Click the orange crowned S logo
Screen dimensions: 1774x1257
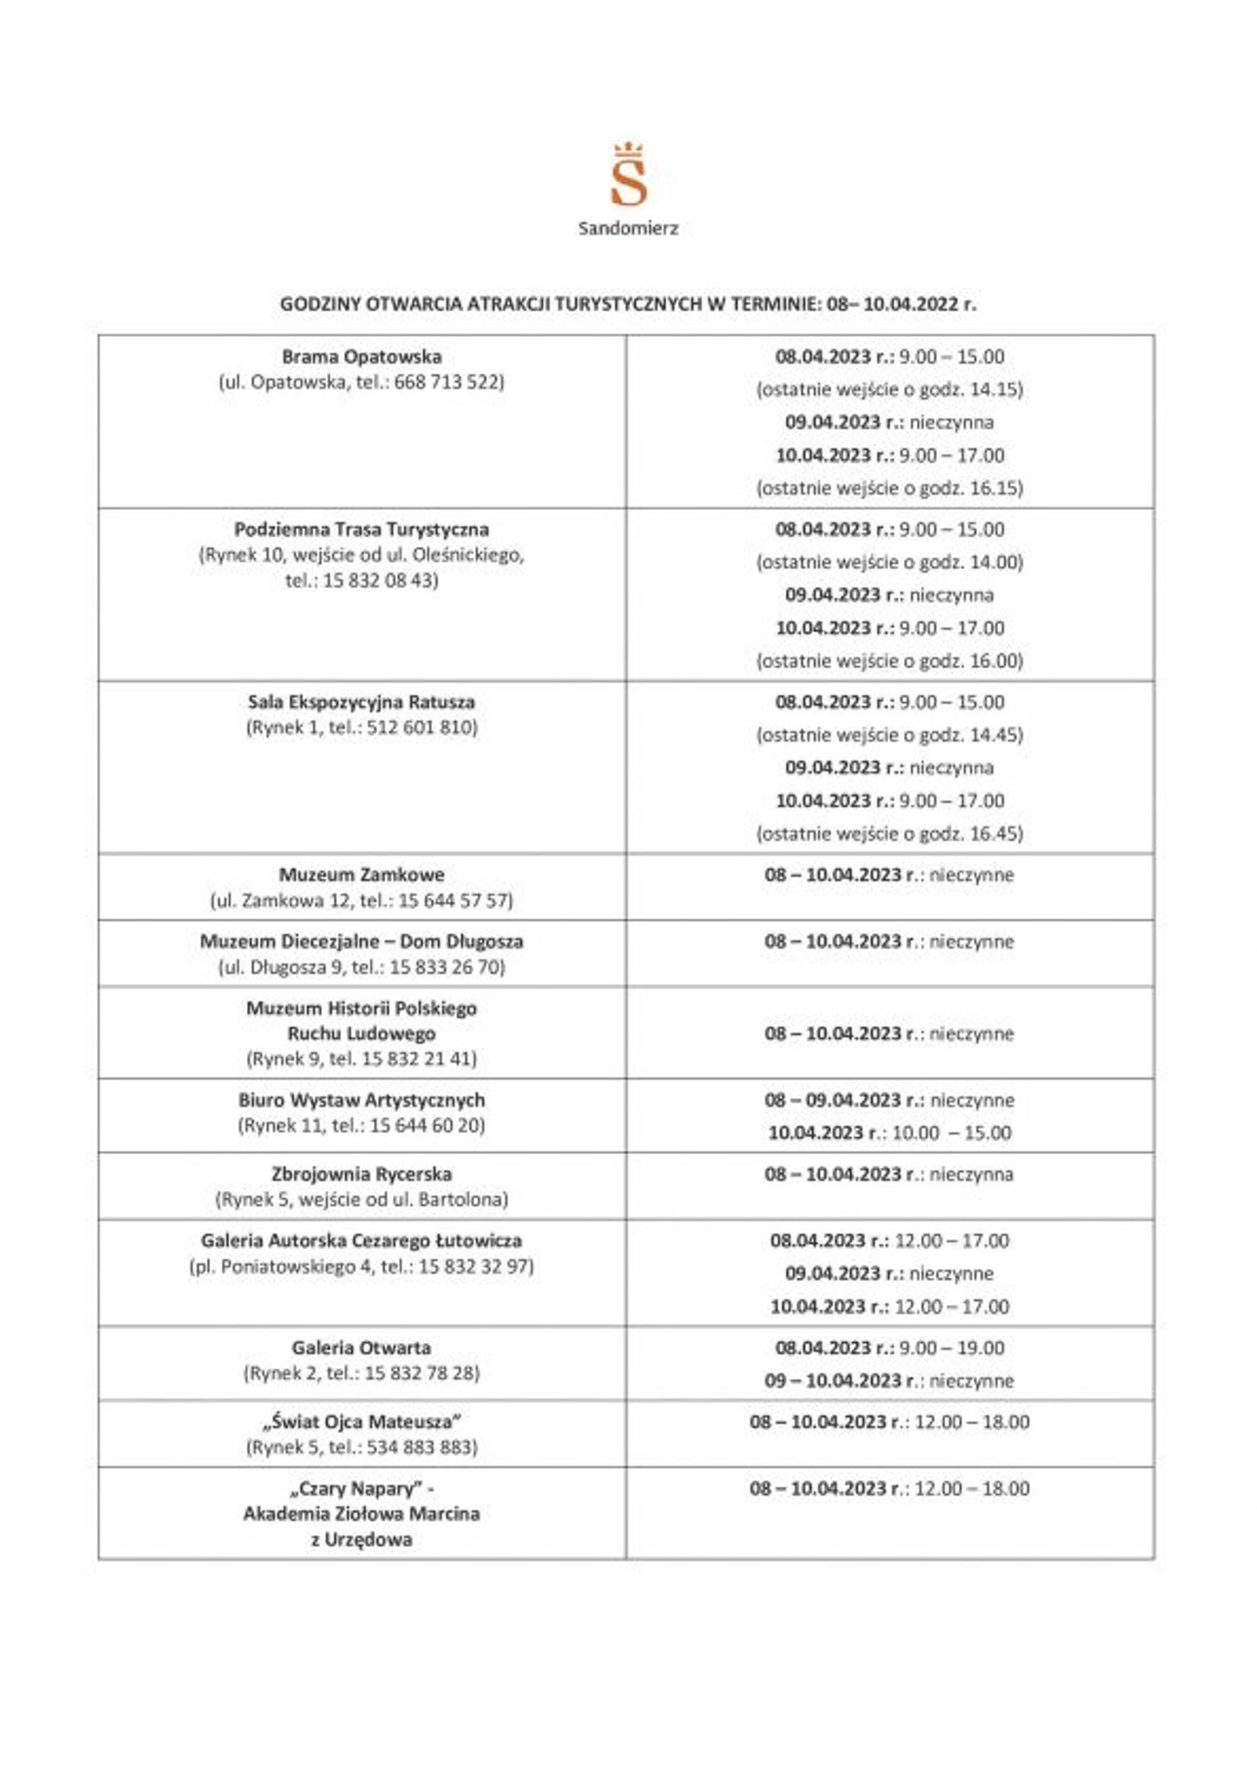(x=628, y=177)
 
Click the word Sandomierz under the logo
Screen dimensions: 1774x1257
(x=628, y=228)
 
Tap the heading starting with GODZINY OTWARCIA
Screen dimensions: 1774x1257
(x=628, y=304)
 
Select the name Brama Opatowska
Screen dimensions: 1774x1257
(x=361, y=356)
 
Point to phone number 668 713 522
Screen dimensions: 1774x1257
(x=447, y=382)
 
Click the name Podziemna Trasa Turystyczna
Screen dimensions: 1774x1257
(x=361, y=529)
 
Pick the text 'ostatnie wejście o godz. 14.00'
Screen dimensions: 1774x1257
(x=890, y=563)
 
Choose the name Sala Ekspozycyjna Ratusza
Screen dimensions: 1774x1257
(x=361, y=702)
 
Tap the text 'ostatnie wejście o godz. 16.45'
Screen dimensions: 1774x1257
(x=890, y=834)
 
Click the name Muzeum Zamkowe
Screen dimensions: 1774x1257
(x=361, y=875)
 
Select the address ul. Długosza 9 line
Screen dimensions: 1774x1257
(x=361, y=967)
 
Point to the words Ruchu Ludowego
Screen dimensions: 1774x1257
(x=361, y=1033)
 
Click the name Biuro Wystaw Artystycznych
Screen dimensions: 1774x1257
(x=361, y=1100)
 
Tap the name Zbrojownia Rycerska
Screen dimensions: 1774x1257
(x=361, y=1174)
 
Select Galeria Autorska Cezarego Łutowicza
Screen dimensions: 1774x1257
(x=361, y=1240)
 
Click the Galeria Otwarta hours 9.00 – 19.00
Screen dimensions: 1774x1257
(x=951, y=1348)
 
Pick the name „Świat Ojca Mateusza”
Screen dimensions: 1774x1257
(x=361, y=1422)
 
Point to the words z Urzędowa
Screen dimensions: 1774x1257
(x=361, y=1539)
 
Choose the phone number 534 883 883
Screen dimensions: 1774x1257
(x=421, y=1447)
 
